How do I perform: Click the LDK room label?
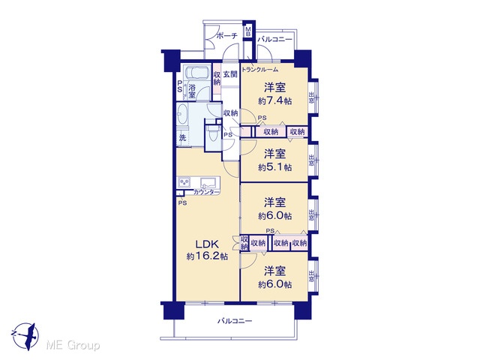[x=207, y=244]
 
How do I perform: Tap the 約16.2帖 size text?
[x=207, y=256]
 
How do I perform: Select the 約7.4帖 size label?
[x=274, y=100]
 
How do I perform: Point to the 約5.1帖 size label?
[x=274, y=167]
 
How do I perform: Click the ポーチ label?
[x=226, y=36]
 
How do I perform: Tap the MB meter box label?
[x=248, y=31]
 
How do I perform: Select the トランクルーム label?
[x=260, y=70]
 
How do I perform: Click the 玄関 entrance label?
[x=230, y=74]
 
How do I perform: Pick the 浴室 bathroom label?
[x=192, y=91]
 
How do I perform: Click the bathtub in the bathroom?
[x=196, y=73]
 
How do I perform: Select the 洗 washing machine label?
[x=182, y=138]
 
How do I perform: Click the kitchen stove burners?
[x=184, y=182]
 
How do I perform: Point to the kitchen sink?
[x=208, y=183]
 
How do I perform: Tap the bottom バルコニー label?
[x=235, y=321]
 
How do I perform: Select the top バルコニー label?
[x=274, y=40]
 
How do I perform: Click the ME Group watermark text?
[x=73, y=346]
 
